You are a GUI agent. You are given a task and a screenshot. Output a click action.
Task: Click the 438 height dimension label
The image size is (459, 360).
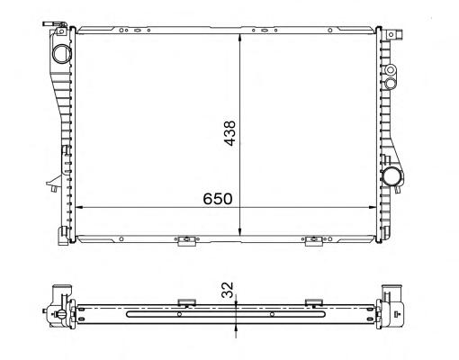click(230, 133)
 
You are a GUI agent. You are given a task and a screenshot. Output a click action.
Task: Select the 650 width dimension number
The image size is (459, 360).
click(218, 199)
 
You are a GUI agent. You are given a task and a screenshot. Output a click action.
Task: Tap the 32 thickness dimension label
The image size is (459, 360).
click(228, 290)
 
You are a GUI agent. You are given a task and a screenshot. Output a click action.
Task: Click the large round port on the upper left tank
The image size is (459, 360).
click(62, 54)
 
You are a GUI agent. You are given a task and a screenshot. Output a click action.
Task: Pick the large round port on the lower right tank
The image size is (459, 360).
click(392, 177)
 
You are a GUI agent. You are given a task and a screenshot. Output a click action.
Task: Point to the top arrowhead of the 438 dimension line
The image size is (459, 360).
click(239, 38)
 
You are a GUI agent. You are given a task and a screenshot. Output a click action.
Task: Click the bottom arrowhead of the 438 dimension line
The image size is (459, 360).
click(239, 231)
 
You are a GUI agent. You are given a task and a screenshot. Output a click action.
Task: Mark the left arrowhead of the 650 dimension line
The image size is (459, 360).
click(78, 207)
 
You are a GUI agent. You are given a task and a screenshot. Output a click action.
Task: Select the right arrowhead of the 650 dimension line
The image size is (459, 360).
click(372, 207)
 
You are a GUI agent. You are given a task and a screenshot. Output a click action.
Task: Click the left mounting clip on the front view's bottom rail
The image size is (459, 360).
click(186, 240)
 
